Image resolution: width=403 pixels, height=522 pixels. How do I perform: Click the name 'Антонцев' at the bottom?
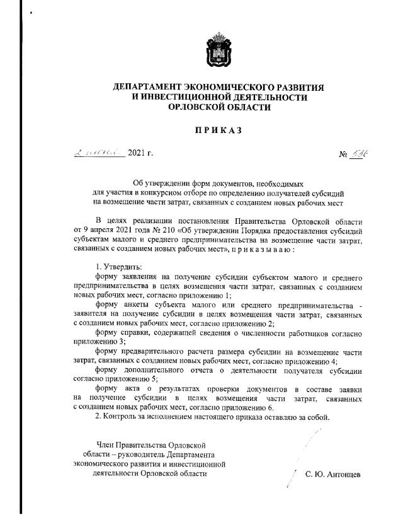(x=343, y=474)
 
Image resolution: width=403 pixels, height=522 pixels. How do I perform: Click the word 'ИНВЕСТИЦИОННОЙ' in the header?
(x=183, y=97)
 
